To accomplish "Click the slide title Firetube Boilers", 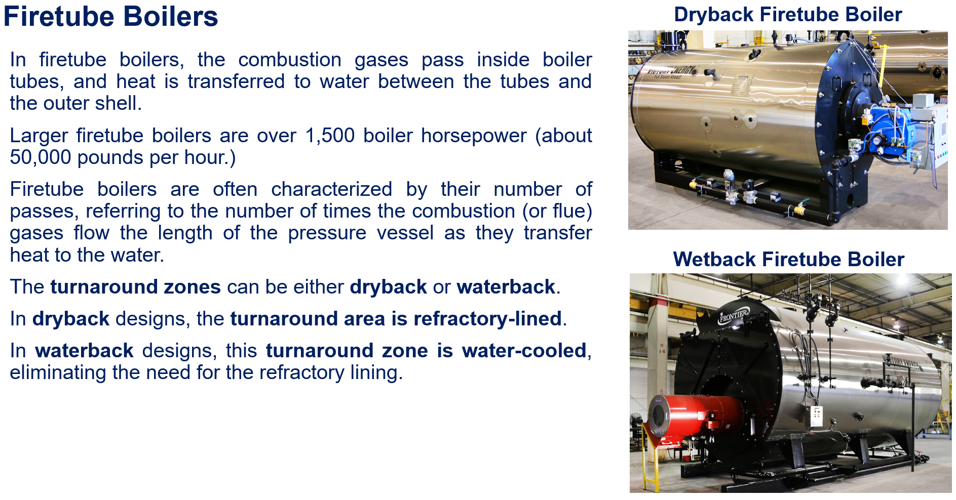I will [110, 16].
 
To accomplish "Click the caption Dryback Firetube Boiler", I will [788, 14].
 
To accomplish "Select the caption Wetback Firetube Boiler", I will [788, 259].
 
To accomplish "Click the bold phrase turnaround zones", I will [135, 287].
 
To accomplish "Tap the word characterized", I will [331, 189].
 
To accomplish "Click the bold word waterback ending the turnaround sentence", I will [505, 287].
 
